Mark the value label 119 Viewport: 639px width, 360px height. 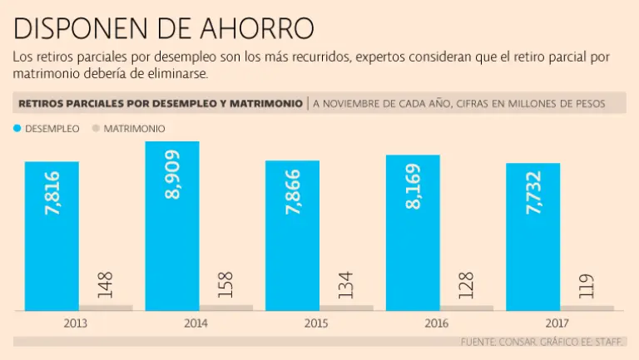coord(586,287)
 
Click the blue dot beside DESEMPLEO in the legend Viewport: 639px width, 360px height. coord(17,129)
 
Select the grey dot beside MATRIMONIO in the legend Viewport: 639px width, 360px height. coord(95,129)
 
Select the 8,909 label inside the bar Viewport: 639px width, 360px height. coord(173,175)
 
